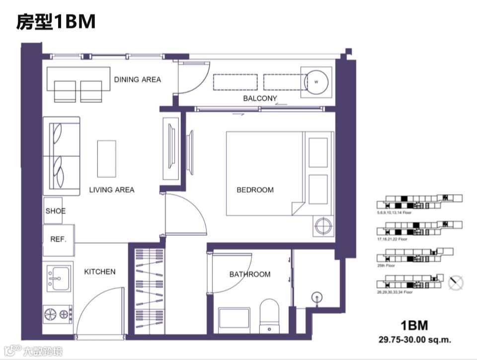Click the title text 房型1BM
coord(55,22)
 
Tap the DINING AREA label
coord(137,79)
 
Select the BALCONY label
coord(260,98)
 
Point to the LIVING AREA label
coord(111,190)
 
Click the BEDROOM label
coord(255,190)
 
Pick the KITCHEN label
coord(99,272)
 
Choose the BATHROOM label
coord(250,274)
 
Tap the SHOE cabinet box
coord(55,211)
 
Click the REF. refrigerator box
coord(59,239)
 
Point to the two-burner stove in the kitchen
coord(58,314)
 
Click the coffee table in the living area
coord(106,158)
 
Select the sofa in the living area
coord(62,155)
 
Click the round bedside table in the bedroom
coord(323,226)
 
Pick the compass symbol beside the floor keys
coord(456,283)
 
